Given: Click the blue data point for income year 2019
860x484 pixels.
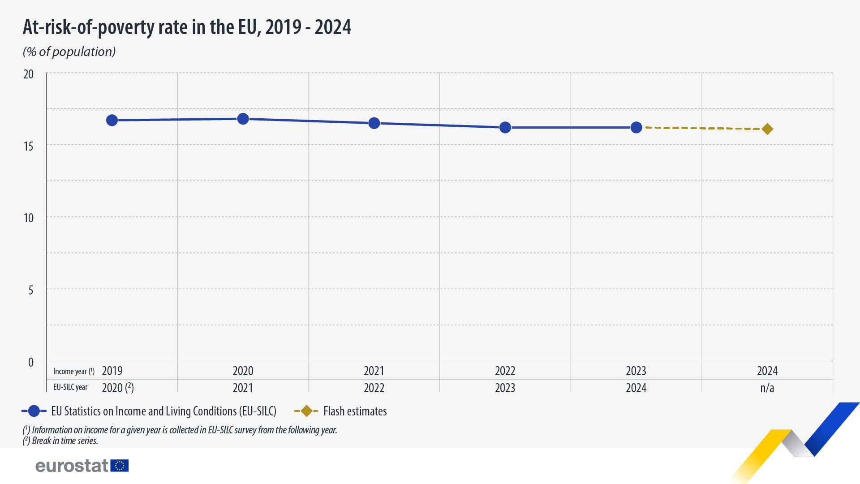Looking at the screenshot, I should (x=112, y=120).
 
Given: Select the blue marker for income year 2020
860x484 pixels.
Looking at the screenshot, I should (x=243, y=119).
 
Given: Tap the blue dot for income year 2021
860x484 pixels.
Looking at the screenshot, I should (x=374, y=123).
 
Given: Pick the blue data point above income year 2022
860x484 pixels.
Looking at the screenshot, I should (x=505, y=128).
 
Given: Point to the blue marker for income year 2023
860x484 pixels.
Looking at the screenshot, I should (x=636, y=128).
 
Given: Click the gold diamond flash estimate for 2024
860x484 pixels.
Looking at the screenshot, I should (x=767, y=129).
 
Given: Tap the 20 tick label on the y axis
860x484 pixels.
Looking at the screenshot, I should (x=29, y=74).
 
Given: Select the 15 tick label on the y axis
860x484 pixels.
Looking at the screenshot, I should (x=29, y=146).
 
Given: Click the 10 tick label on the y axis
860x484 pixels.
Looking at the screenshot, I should (x=29, y=218).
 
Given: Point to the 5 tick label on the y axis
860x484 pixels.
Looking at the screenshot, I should (x=30, y=290).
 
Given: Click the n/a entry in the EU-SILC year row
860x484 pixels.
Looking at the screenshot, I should (x=767, y=388).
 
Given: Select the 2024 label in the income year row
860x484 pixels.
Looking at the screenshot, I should (x=767, y=371).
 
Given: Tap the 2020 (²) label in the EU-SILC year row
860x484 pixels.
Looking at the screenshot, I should (x=118, y=388).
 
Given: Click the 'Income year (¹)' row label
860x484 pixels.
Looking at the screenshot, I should (x=73, y=372).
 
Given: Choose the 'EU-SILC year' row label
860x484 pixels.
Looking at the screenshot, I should (x=70, y=387).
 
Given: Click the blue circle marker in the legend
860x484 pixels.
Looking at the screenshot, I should (x=34, y=411).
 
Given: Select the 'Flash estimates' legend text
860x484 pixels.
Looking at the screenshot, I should (x=355, y=411).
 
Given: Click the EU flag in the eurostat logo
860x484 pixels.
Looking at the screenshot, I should (x=120, y=466).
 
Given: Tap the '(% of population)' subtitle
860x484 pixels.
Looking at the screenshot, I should (x=69, y=52).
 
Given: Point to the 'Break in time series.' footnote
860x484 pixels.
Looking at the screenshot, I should (x=65, y=441).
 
